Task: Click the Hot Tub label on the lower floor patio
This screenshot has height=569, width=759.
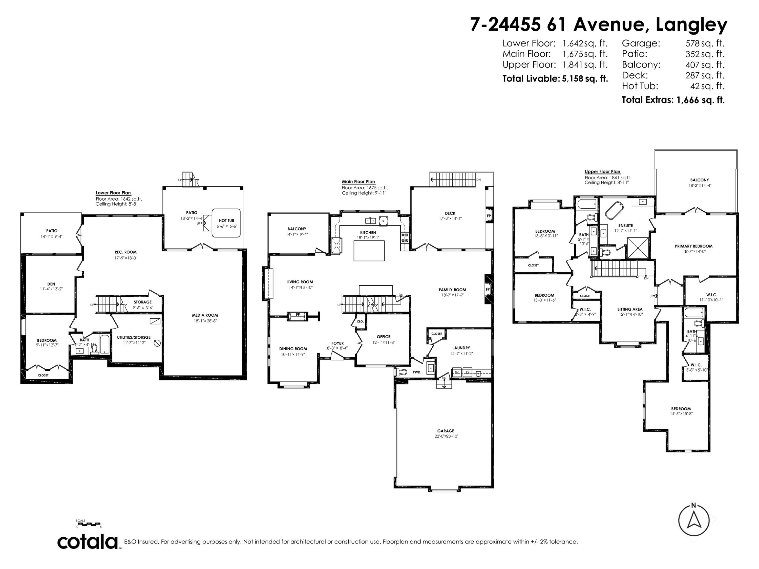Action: (x=226, y=221)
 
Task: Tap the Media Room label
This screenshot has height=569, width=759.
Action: (x=205, y=315)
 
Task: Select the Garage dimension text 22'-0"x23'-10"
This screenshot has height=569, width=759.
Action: (x=446, y=436)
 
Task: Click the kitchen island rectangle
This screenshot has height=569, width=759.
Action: (x=369, y=251)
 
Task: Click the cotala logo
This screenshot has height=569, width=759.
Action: (x=88, y=542)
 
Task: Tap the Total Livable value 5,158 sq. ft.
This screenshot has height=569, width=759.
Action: (x=585, y=79)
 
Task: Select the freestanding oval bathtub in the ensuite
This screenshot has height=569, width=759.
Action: (x=614, y=210)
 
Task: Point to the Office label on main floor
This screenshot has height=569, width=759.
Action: (x=383, y=336)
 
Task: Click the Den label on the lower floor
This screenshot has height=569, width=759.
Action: (x=51, y=284)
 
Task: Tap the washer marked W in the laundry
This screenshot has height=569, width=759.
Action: (x=457, y=372)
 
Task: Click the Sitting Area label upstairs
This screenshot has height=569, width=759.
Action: (x=630, y=309)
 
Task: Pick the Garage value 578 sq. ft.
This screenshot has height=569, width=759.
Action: (x=705, y=43)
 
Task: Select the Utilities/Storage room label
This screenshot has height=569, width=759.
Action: (x=134, y=337)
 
